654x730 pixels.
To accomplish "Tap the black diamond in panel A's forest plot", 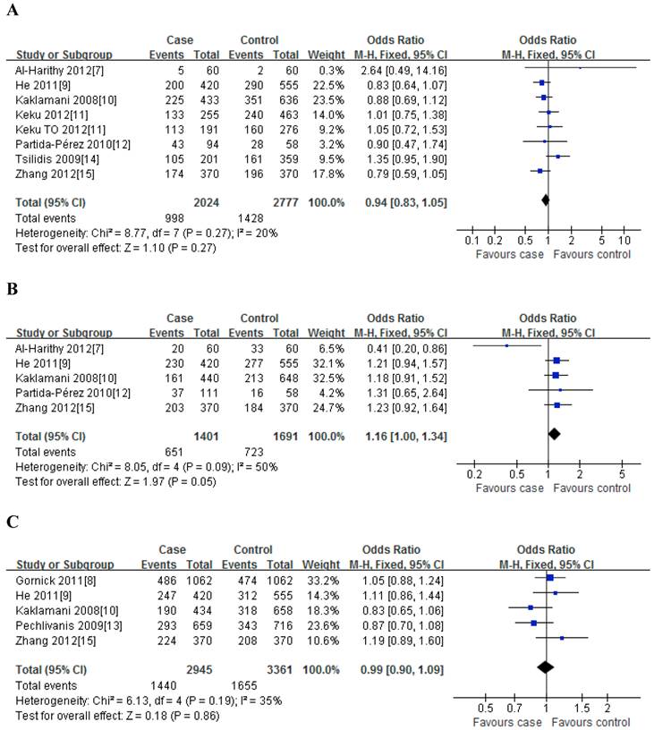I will point(545,202).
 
